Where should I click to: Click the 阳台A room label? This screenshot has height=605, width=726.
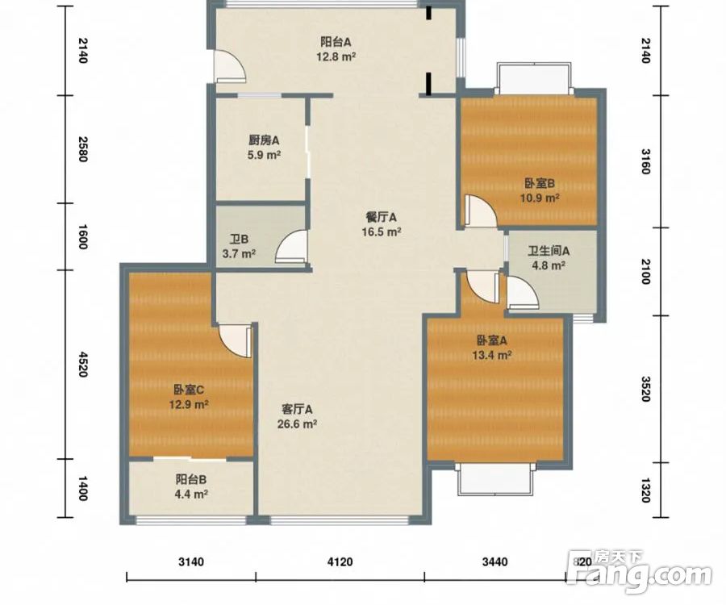pyautogui.click(x=336, y=42)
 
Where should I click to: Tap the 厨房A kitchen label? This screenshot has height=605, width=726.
pyautogui.click(x=264, y=140)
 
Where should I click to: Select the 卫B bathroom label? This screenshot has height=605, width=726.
pyautogui.click(x=239, y=240)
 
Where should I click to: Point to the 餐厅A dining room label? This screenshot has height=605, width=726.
pyautogui.click(x=381, y=217)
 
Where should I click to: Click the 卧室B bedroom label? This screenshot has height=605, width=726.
pyautogui.click(x=540, y=183)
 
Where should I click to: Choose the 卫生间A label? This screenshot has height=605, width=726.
pyautogui.click(x=549, y=251)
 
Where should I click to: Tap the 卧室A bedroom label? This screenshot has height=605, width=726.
pyautogui.click(x=492, y=340)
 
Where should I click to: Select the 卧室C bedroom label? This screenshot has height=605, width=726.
pyautogui.click(x=189, y=390)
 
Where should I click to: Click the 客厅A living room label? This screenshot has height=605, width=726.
pyautogui.click(x=297, y=409)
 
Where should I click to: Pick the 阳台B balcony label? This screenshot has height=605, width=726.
pyautogui.click(x=190, y=479)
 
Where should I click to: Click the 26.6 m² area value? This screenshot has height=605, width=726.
pyautogui.click(x=297, y=423)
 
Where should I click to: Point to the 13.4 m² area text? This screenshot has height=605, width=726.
pyautogui.click(x=492, y=355)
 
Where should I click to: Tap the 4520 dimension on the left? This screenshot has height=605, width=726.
pyautogui.click(x=82, y=365)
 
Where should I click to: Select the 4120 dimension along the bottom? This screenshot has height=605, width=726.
pyautogui.click(x=340, y=562)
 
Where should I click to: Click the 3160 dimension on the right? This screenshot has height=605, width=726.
pyautogui.click(x=646, y=161)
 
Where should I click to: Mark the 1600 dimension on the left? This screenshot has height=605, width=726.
pyautogui.click(x=82, y=236)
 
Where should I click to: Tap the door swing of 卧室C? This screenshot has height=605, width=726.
pyautogui.click(x=235, y=340)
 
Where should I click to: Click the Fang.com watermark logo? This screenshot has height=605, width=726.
pyautogui.click(x=640, y=572)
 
